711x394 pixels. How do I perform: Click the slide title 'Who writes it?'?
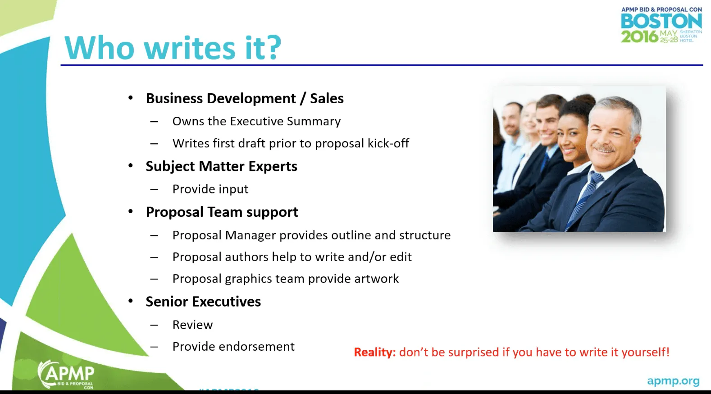(173, 47)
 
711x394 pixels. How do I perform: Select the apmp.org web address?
(673, 381)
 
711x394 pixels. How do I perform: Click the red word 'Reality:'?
(374, 352)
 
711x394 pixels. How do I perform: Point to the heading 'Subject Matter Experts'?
(221, 166)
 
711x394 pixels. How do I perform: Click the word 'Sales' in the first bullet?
(327, 98)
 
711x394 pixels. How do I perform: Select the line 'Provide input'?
(210, 189)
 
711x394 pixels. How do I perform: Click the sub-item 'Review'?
(192, 325)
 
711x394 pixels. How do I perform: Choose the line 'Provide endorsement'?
(233, 346)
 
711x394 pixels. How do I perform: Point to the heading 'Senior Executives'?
(203, 302)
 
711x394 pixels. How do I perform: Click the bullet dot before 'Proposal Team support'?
(131, 211)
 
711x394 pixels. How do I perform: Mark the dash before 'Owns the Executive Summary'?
(154, 122)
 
